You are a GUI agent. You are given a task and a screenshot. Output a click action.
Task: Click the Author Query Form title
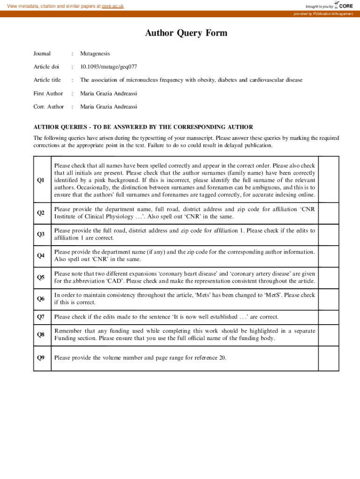click(186, 33)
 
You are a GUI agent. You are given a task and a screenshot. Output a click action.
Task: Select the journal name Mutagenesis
click(95, 54)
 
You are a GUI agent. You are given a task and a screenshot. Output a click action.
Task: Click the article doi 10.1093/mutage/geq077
click(108, 67)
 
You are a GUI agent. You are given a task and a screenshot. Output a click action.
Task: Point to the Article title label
click(47, 80)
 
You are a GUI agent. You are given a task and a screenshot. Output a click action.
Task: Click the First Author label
click(48, 94)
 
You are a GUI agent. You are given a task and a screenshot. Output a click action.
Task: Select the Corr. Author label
click(49, 107)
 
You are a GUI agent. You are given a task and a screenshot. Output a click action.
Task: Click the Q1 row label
click(41, 180)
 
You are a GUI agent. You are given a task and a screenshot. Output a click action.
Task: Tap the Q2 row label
click(41, 213)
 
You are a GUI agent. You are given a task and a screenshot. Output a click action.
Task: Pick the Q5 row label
click(41, 277)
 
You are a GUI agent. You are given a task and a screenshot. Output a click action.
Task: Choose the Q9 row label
click(41, 358)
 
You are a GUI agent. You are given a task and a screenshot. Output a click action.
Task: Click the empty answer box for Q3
click(329, 234)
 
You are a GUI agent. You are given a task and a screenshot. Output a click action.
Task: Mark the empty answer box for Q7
click(329, 317)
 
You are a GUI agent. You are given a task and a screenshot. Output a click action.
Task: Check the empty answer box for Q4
click(329, 256)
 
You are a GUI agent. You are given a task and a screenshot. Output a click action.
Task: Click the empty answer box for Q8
click(329, 334)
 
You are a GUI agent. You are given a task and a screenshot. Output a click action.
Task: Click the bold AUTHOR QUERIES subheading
click(143, 127)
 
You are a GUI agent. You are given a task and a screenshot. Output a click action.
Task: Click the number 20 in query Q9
click(222, 358)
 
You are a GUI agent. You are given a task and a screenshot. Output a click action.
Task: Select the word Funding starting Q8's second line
click(65, 338)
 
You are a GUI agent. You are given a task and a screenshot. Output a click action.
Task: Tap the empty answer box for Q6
click(329, 299)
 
